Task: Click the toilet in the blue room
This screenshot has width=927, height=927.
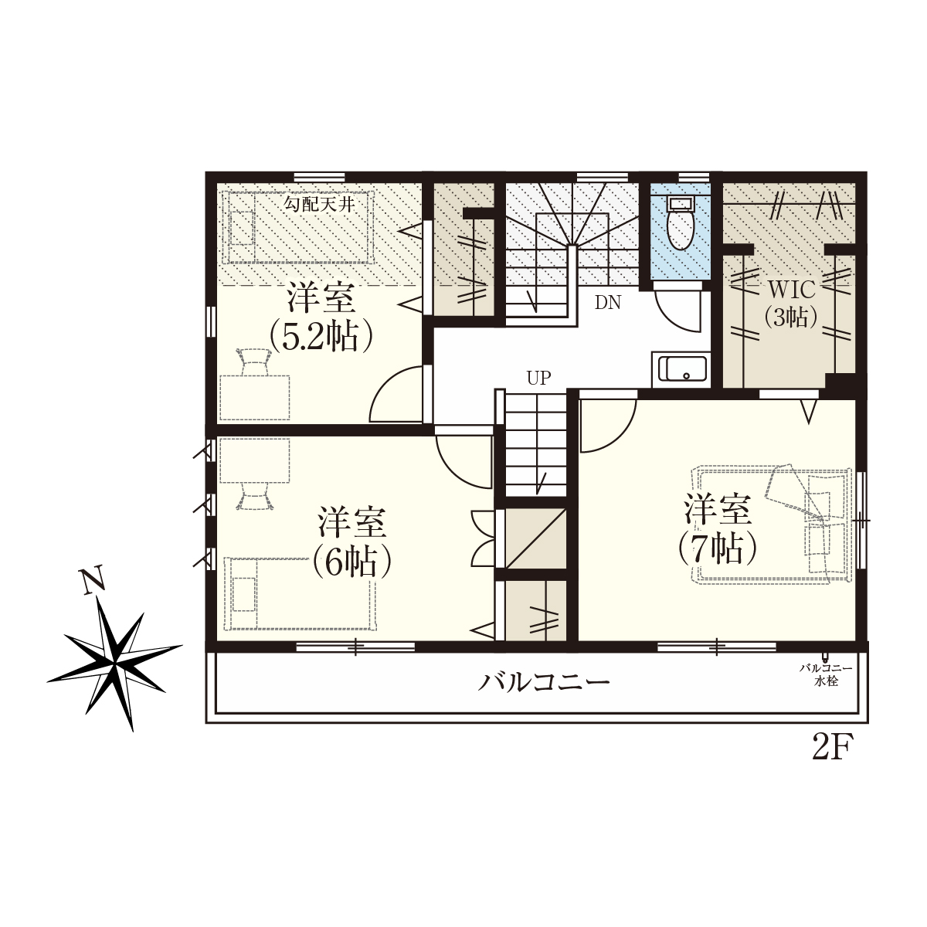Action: click(680, 224)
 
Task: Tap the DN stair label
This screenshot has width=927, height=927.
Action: click(608, 303)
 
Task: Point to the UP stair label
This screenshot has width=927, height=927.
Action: click(538, 378)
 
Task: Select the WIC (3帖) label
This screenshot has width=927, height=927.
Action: click(791, 304)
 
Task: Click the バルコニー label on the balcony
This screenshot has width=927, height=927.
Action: click(544, 681)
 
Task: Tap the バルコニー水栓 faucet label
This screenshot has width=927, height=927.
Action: click(826, 674)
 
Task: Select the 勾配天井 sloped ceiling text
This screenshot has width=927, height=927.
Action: click(318, 205)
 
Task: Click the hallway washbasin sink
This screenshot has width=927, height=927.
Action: click(681, 370)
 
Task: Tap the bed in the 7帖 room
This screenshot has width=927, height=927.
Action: click(771, 524)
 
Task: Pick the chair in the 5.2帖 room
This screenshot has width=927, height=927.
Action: click(254, 362)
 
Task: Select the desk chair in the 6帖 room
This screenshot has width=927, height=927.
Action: click(254, 495)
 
